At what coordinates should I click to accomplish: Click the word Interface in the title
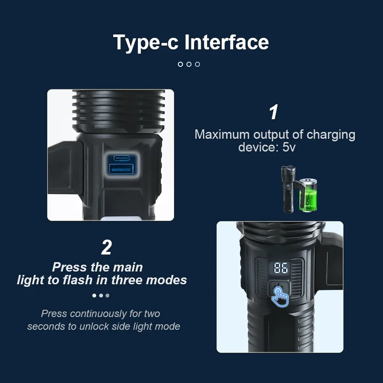tap(227, 43)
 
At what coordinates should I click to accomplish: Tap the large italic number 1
tap(274, 112)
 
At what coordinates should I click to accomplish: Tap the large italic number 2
tap(106, 248)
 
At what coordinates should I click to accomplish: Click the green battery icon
tap(309, 195)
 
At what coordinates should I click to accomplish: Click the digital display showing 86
tap(280, 269)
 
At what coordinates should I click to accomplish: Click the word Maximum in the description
tap(222, 134)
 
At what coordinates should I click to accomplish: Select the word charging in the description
tap(331, 134)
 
